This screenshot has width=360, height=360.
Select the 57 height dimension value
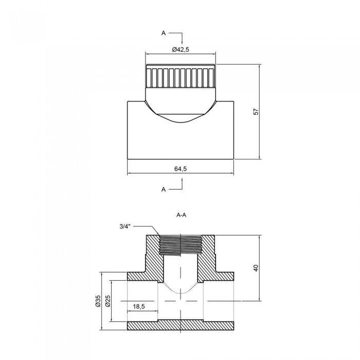coord(256,112)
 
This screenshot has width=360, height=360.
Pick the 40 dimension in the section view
coord(256,267)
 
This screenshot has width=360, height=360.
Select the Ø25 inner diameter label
coord(109,301)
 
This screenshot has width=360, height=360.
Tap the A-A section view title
coord(180,215)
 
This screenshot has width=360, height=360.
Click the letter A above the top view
coord(164,33)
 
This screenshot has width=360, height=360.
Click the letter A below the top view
coord(164,189)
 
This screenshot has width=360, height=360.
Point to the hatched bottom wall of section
coord(180,325)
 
